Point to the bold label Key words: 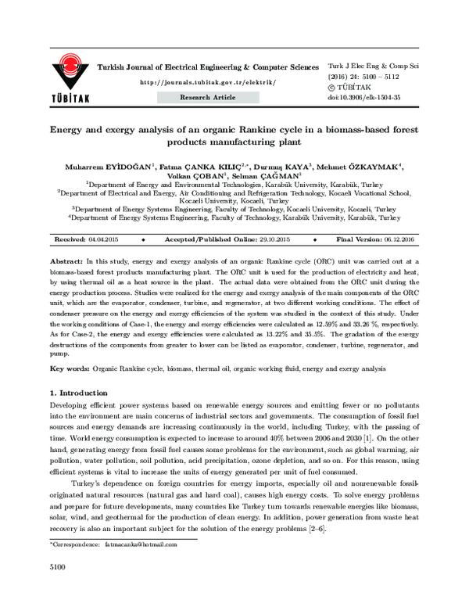(x=69, y=367)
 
